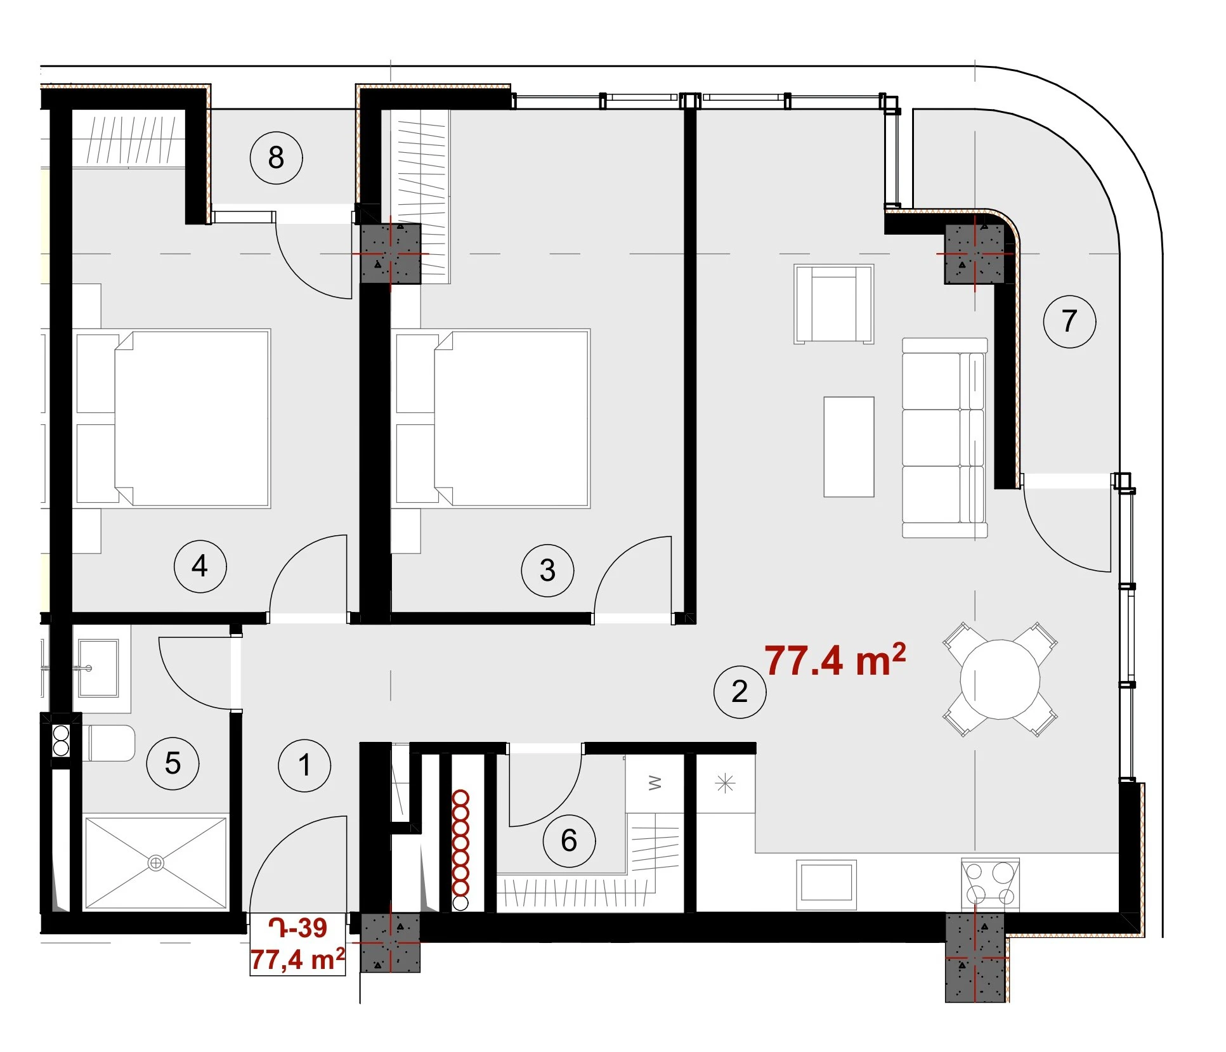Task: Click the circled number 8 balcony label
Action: (x=276, y=158)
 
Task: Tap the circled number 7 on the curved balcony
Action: (x=1069, y=321)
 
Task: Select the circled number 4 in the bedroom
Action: (x=200, y=566)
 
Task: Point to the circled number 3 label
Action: (x=547, y=570)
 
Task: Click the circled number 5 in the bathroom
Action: (x=173, y=763)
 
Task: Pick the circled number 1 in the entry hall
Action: (x=304, y=765)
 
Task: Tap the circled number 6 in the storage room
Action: (x=569, y=841)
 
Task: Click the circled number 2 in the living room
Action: (x=740, y=691)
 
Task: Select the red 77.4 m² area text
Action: (x=835, y=660)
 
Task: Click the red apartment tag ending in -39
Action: (x=297, y=928)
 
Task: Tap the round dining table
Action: (x=1000, y=679)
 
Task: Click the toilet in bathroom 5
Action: (x=108, y=743)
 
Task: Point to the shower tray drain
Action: (x=155, y=862)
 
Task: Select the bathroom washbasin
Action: (x=98, y=668)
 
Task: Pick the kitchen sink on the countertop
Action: (x=826, y=881)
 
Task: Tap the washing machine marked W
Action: (x=655, y=784)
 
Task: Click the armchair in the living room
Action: (x=833, y=304)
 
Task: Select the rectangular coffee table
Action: (x=849, y=446)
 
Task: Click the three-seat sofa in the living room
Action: (x=944, y=438)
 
